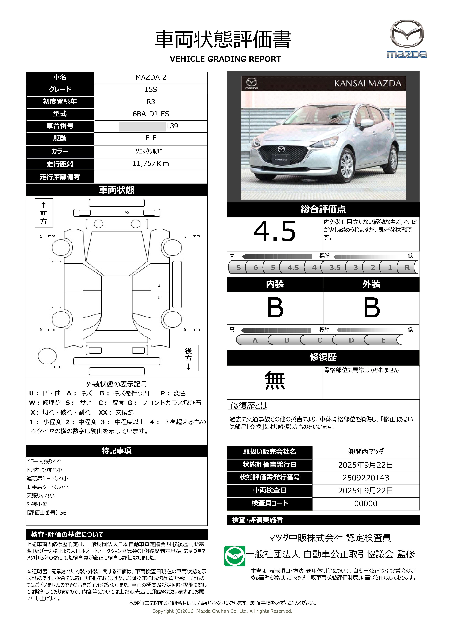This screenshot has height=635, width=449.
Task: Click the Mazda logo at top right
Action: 407,39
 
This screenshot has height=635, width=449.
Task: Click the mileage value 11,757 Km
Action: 151,163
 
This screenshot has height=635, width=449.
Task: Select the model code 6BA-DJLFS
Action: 151,114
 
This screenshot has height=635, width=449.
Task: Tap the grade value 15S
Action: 151,90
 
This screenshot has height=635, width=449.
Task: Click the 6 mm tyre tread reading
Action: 185,329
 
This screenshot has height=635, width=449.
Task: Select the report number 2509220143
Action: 365,478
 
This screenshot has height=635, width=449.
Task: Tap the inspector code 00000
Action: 365,503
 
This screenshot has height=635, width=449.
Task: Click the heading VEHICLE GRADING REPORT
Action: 225,59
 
